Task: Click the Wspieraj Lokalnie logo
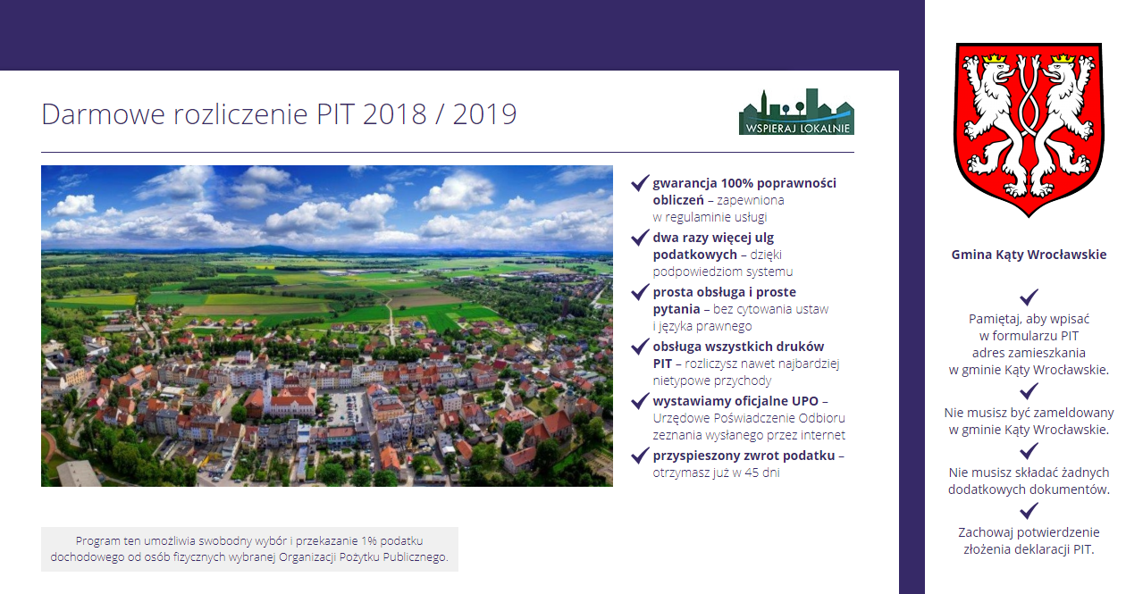click(796, 112)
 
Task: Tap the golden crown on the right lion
click(1063, 59)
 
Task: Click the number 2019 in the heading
click(484, 114)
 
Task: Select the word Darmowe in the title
click(104, 114)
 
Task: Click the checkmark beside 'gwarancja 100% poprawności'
click(640, 183)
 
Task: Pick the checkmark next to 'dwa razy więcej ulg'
click(640, 238)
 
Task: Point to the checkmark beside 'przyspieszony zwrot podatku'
click(640, 456)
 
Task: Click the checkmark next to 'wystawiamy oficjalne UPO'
click(640, 400)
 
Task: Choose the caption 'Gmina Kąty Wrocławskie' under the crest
click(1029, 255)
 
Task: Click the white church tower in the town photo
click(267, 389)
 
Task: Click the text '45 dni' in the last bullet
click(762, 473)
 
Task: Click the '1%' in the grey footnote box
click(368, 540)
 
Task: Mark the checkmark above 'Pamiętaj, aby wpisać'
click(1029, 297)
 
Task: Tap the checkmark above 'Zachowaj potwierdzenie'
click(1029, 511)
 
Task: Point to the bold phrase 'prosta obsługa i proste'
click(725, 292)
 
